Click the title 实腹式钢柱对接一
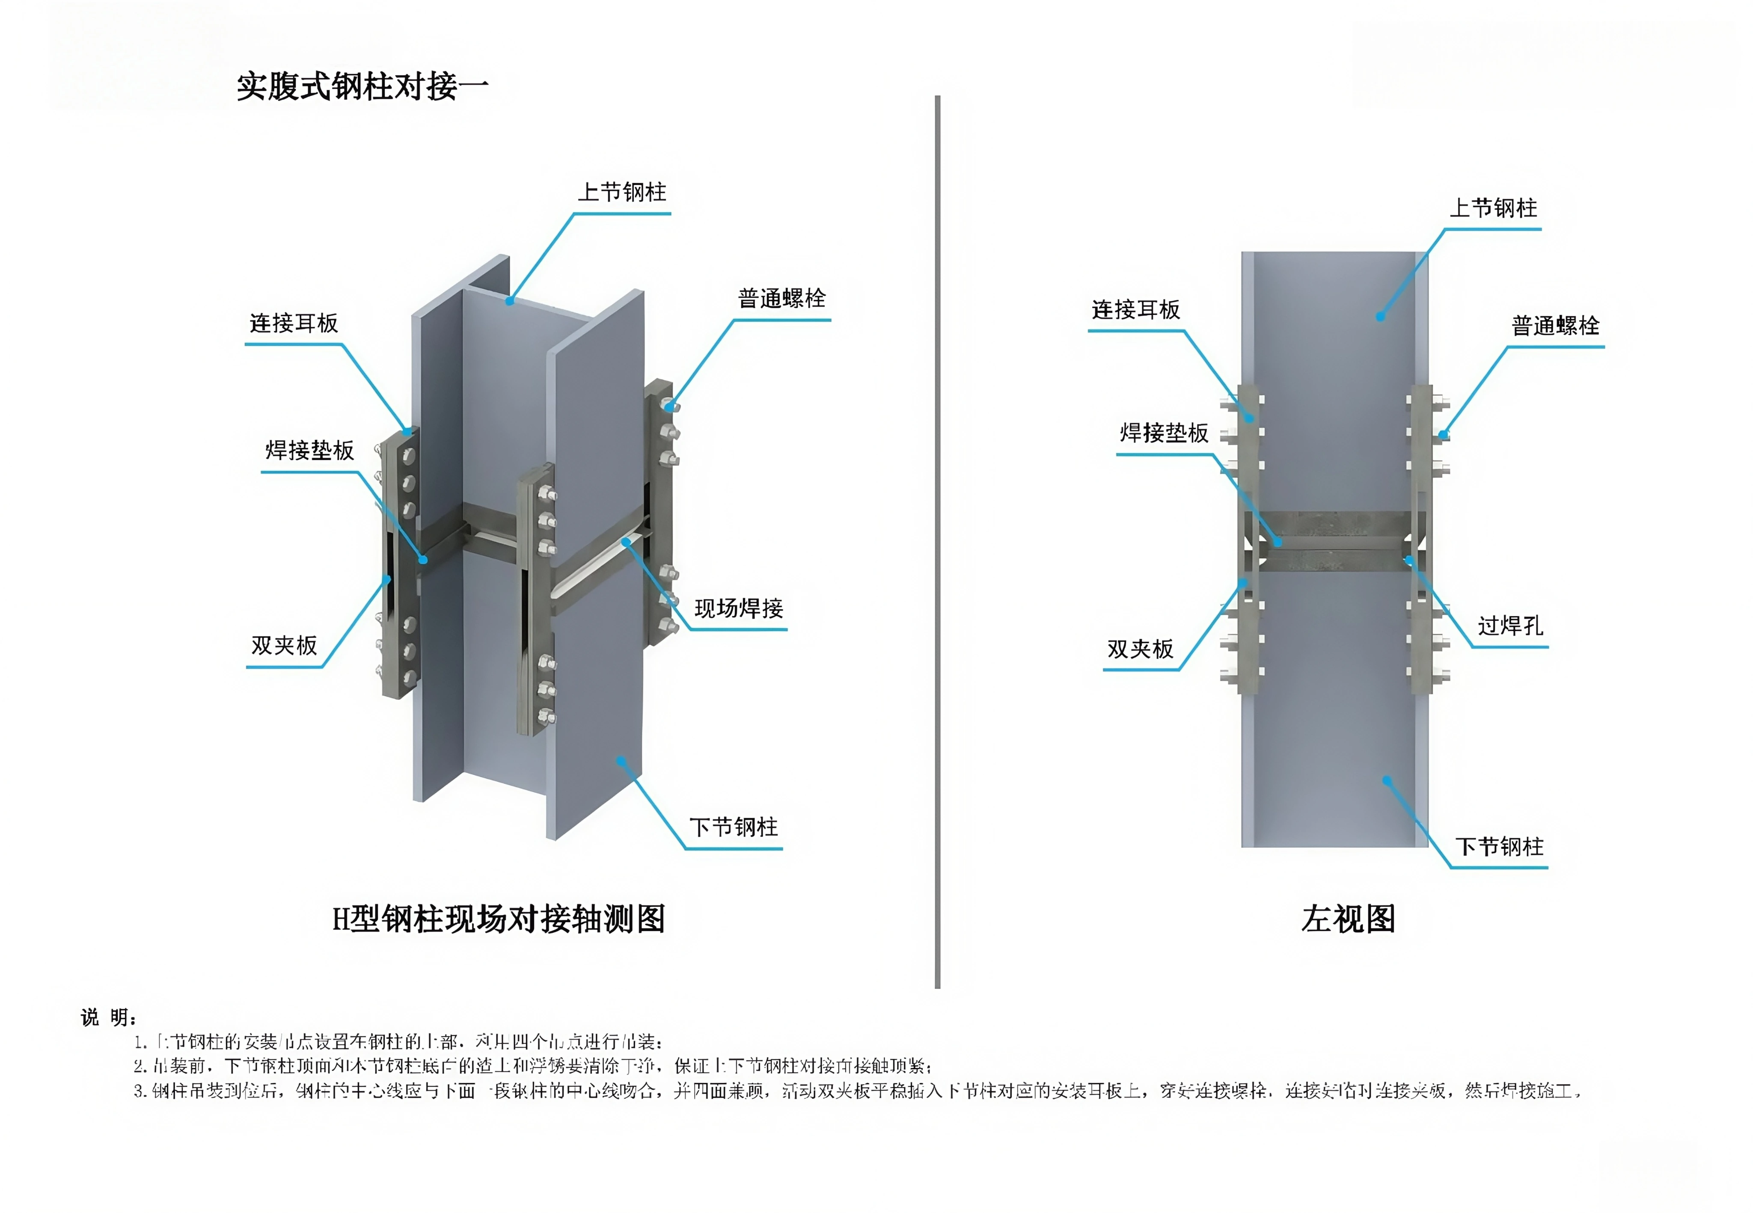[x=362, y=86]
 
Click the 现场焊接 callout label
[x=738, y=608]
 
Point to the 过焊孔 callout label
[x=1510, y=626]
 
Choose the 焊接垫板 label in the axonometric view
[x=309, y=451]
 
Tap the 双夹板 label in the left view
[x=1140, y=649]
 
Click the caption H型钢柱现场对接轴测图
[x=499, y=919]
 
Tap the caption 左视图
[x=1348, y=919]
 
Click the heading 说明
[x=108, y=1017]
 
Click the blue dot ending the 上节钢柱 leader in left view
[x=1381, y=316]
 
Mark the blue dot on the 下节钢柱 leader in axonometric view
[x=621, y=761]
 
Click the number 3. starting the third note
[x=140, y=1091]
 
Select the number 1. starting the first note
[x=140, y=1042]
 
